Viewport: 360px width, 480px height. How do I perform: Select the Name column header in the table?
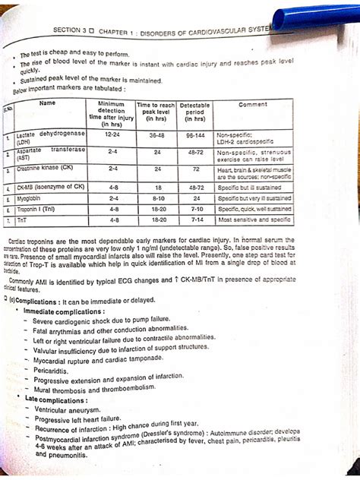coord(47,103)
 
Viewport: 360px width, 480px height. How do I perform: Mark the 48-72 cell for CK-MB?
coord(197,185)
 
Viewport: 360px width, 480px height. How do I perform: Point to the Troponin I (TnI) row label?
coord(37,207)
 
